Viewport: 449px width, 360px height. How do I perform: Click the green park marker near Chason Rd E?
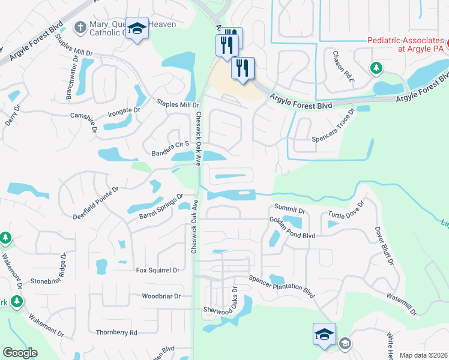pos(376,68)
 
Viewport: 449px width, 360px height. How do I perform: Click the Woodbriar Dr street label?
pos(161,296)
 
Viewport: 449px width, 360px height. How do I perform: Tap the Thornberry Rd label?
pos(116,332)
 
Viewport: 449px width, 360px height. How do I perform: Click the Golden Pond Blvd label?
pos(292,227)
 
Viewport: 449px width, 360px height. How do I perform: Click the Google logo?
pos(20,353)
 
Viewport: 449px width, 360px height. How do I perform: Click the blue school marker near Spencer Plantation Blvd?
pos(324,335)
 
